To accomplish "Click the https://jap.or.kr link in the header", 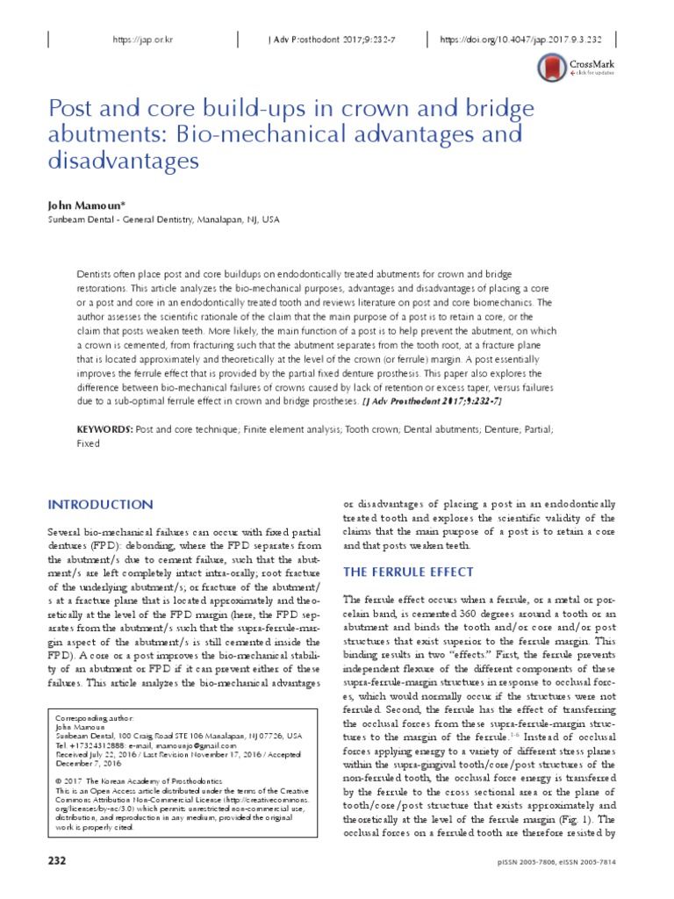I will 140,40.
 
